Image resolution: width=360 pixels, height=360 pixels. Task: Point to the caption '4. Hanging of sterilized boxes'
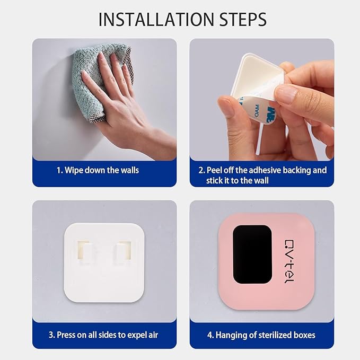(x=262, y=335)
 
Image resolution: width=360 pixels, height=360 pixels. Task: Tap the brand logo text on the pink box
(x=289, y=260)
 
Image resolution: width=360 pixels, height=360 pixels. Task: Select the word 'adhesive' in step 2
(x=263, y=171)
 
